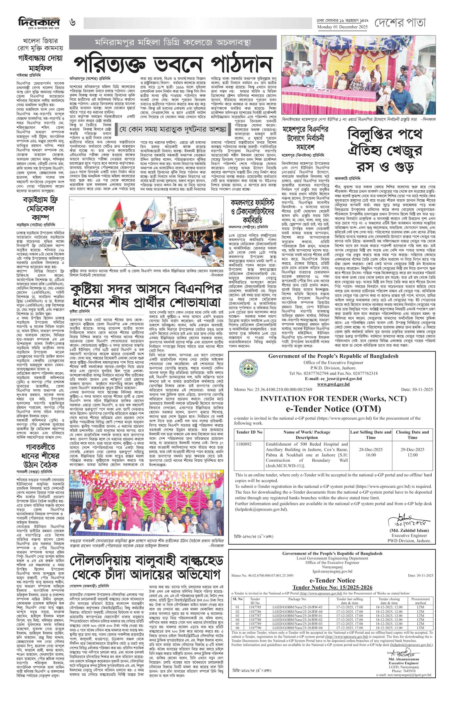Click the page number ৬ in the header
coord(73,22)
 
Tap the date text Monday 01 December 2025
coord(342,27)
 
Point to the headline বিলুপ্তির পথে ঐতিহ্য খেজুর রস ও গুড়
coord(385,150)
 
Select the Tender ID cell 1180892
coord(244,444)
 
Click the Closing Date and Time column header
coord(412,434)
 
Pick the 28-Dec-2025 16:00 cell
coord(371,452)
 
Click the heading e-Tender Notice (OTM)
coord(333,408)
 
